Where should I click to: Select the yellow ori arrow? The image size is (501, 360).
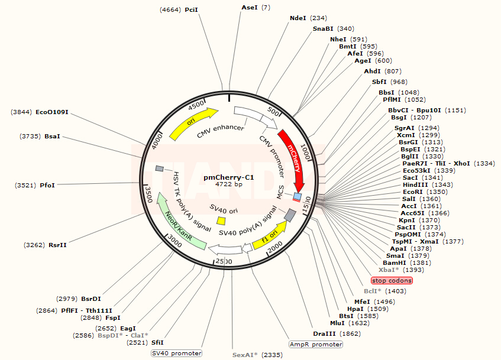pyautogui.click(x=193, y=123)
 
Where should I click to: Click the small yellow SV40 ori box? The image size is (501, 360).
pyautogui.click(x=221, y=220)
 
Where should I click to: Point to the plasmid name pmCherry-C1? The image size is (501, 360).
pyautogui.click(x=229, y=177)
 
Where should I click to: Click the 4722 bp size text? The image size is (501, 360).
pyautogui.click(x=229, y=184)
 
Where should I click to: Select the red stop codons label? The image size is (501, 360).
pyautogui.click(x=392, y=280)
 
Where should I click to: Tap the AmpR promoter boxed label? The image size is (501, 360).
pyautogui.click(x=316, y=344)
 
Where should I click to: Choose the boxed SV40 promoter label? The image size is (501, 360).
pyautogui.click(x=176, y=353)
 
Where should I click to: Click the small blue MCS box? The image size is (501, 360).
pyautogui.click(x=298, y=196)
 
